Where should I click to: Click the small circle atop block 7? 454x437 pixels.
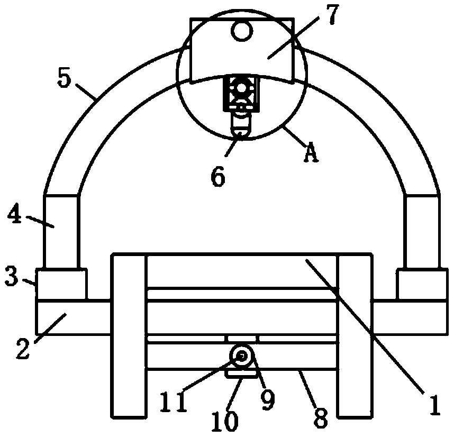[241, 32]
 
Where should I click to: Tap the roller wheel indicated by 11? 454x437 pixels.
[241, 357]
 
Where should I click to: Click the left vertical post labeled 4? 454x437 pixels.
[61, 231]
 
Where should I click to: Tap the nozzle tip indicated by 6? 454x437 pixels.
[241, 128]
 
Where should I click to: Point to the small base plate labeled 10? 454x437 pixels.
[241, 374]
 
